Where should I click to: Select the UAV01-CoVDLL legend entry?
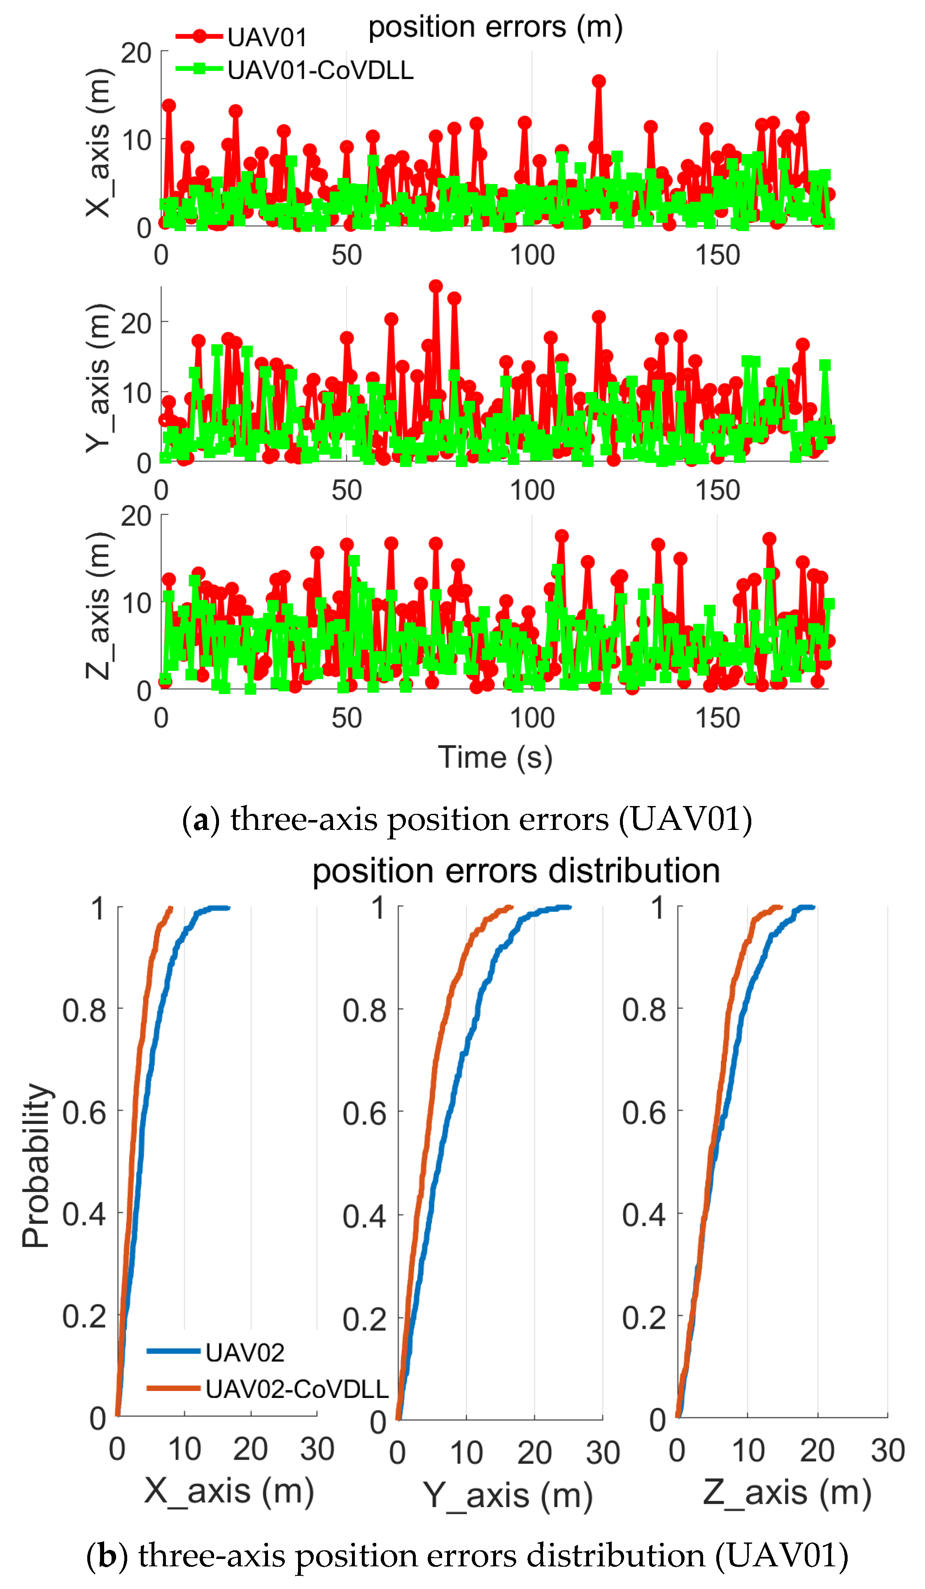(294, 70)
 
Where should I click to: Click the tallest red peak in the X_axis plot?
(599, 82)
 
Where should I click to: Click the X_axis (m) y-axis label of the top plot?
(98, 143)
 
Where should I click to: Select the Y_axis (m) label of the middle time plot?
(98, 378)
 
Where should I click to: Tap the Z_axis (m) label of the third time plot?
(98, 607)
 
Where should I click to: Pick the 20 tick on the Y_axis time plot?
(136, 324)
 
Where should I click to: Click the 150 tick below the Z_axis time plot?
(717, 718)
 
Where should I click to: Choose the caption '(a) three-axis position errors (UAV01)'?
(466, 820)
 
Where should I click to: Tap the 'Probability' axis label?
(35, 1167)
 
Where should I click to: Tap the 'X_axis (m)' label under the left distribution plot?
(229, 1492)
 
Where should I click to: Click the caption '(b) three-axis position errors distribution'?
(466, 1556)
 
